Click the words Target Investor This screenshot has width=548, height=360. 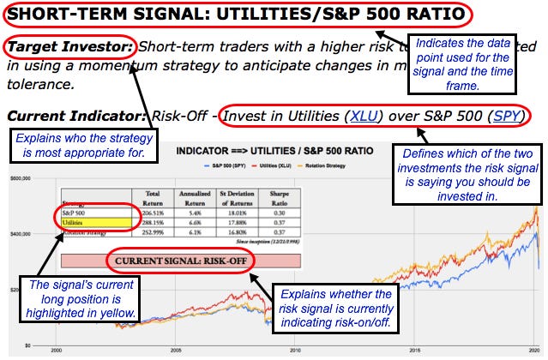pyautogui.click(x=68, y=47)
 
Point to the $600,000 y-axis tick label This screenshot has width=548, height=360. pyautogui.click(x=21, y=178)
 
